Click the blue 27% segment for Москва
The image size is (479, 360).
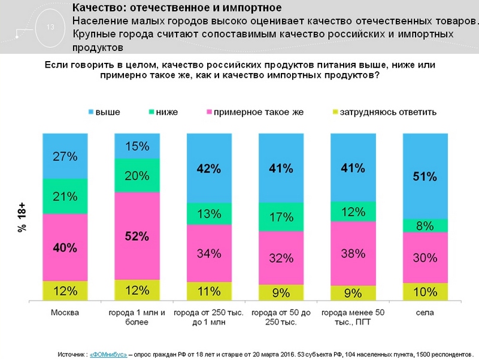[64, 156]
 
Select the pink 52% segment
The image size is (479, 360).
[137, 236]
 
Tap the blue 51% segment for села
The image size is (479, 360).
[425, 176]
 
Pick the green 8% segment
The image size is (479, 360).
[425, 226]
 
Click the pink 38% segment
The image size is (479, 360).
[353, 253]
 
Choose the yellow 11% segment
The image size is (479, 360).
[209, 292]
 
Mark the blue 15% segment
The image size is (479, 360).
[137, 146]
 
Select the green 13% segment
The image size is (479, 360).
[209, 214]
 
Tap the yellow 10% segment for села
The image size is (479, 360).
[425, 292]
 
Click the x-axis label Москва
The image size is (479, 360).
[64, 313]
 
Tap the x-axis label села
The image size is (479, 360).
[425, 313]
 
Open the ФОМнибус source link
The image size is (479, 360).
[108, 353]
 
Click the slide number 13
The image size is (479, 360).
[50, 26]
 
